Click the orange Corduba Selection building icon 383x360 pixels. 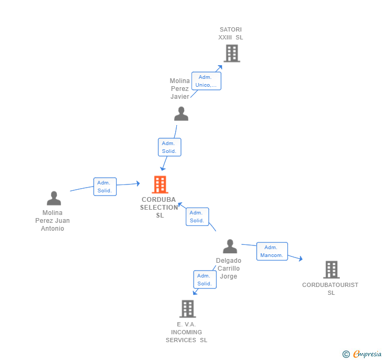click(160, 184)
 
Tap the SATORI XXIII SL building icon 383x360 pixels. click(231, 53)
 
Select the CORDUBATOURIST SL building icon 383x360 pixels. click(331, 270)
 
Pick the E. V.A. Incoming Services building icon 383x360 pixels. click(187, 309)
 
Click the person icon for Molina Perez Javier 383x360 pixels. click(181, 114)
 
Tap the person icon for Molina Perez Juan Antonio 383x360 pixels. click(54, 198)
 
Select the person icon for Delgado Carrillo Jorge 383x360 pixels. click(230, 246)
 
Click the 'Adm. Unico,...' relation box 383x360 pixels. click(206, 81)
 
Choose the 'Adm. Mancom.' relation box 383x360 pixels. click(272, 251)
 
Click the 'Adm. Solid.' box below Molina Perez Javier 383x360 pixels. click(169, 147)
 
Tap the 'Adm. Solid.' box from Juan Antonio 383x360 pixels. click(105, 187)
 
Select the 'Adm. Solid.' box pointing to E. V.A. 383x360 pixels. click(205, 280)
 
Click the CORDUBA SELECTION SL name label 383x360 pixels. click(159, 207)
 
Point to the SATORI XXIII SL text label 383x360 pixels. click(231, 33)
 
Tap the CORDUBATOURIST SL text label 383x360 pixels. click(330, 289)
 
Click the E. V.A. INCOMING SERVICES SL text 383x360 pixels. click(187, 332)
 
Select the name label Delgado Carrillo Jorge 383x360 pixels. click(229, 268)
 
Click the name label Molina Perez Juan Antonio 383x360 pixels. click(53, 221)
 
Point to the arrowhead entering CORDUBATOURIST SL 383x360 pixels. click(300, 259)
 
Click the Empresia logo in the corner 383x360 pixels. click(362, 354)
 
